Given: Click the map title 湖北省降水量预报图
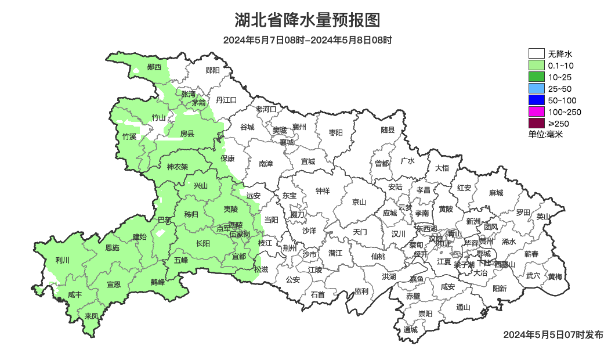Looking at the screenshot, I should coord(307,20).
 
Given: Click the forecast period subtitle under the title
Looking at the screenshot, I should coord(307,40).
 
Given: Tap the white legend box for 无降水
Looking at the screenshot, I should coord(536,54).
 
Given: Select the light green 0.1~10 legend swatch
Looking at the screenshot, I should coord(536,66).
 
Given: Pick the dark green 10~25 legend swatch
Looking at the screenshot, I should coord(536,77).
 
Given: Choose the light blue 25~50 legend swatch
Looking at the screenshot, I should coord(536,89).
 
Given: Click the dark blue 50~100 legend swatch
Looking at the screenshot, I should coord(536,100).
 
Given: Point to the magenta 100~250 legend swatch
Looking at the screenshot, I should coord(536,112).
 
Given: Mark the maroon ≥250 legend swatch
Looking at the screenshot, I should coord(536,123).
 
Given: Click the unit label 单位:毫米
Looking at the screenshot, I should coord(545,134).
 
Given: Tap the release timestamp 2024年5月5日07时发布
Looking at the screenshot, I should coord(553,334).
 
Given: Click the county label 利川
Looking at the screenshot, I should coord(62,260).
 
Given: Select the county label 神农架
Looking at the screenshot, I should coord(178,167).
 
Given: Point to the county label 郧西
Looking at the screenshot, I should coord(154,67).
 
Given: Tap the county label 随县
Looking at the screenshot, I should coord(388,131).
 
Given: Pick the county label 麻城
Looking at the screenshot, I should coord(495,193).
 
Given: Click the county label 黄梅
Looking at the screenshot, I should coord(555,276).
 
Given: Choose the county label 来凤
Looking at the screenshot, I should coord(91,316).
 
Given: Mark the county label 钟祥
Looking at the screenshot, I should coord(322,190).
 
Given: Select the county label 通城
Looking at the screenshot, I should coord(411,330).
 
